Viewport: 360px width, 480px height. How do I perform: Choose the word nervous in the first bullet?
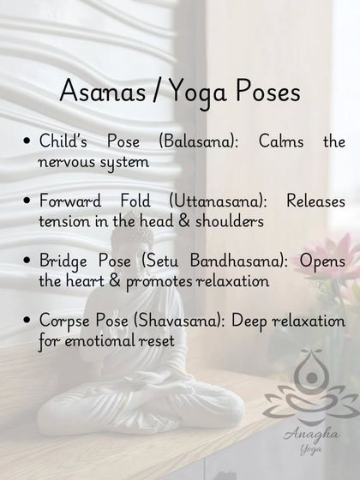tap(70, 160)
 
